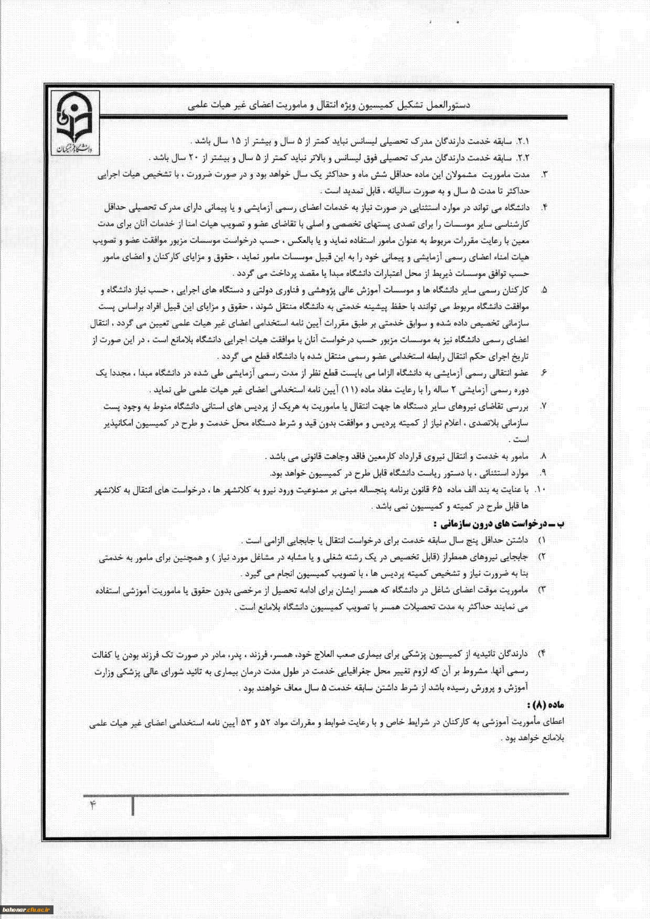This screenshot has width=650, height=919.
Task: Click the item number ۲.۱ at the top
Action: (524, 142)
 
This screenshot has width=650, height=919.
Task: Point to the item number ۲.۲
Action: (524, 158)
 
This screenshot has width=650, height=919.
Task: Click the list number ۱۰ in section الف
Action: (540, 490)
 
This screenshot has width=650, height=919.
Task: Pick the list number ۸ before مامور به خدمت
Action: (544, 456)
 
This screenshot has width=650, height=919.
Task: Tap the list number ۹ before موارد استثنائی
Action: (544, 473)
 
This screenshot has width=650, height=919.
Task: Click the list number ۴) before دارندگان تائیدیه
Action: (543, 654)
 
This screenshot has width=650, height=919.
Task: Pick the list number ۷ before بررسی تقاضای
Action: (544, 407)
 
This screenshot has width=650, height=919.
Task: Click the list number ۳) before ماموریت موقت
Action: (543, 590)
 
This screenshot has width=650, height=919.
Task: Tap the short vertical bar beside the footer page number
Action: (133, 806)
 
